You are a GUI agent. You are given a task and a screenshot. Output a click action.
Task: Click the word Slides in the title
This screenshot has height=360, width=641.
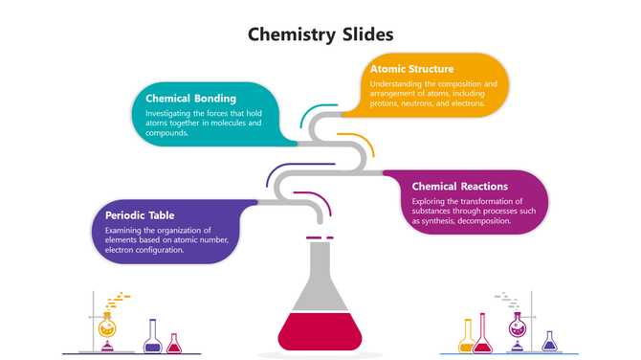366,35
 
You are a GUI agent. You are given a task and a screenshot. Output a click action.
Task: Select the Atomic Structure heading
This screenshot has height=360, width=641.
411,69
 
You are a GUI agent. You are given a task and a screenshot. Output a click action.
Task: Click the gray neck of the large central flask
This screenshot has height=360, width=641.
320,263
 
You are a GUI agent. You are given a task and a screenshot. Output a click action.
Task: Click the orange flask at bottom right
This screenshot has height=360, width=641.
467,337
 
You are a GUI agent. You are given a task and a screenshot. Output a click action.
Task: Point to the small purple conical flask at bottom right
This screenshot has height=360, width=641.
549,342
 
